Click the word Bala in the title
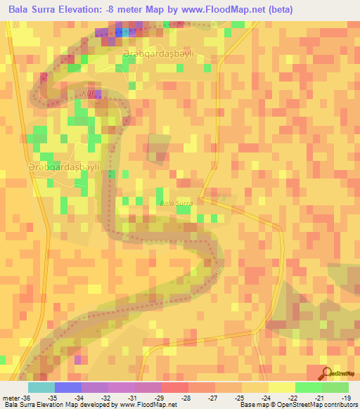click(22, 10)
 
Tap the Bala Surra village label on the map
click(176, 203)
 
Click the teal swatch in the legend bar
click(41, 387)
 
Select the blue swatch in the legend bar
click(68, 387)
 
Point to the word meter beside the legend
click(9, 397)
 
